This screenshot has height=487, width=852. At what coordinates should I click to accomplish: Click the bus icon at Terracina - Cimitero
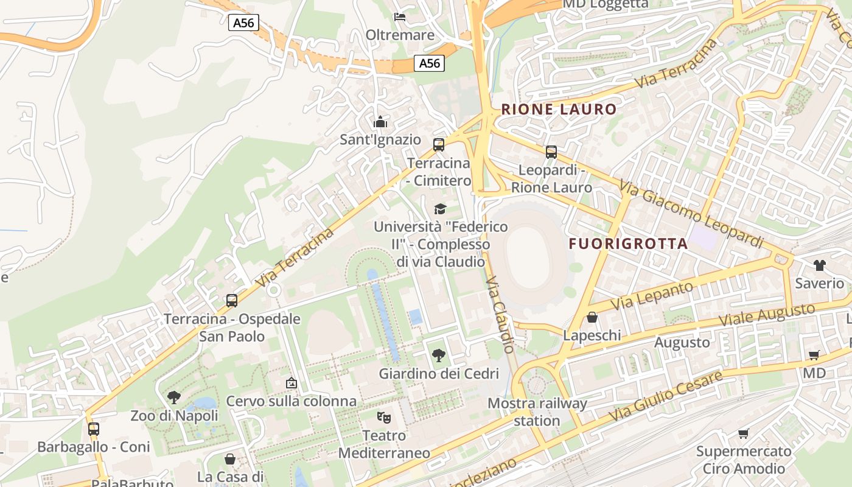point(439,145)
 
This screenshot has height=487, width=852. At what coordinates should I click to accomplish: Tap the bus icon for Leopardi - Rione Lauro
point(551,152)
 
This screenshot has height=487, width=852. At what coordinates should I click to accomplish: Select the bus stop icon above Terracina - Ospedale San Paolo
point(232,301)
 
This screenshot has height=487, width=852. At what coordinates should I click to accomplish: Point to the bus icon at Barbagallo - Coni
point(94,429)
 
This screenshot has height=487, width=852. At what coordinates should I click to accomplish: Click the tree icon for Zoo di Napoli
point(174,398)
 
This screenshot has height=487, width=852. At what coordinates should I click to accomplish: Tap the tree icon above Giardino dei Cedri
point(438,356)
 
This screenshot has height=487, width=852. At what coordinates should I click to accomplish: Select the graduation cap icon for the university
point(440,209)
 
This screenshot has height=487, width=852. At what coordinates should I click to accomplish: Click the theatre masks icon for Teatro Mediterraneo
point(383,418)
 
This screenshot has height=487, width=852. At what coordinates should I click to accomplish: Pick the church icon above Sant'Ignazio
point(380,122)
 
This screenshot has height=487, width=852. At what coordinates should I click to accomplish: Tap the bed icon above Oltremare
point(400,17)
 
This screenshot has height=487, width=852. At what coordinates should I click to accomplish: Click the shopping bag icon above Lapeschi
point(592,317)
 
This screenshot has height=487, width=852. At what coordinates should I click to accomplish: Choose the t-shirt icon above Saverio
point(819,265)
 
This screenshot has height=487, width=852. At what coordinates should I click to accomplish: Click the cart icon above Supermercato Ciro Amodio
point(743,433)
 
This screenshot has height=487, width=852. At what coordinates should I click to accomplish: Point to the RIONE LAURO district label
point(559,110)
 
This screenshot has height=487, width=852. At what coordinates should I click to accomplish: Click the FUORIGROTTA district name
point(628,244)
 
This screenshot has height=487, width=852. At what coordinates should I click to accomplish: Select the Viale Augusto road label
point(766,315)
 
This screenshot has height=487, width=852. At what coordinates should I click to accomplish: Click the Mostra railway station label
point(537,412)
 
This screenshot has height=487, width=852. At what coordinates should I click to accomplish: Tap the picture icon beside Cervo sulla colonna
point(292,383)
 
